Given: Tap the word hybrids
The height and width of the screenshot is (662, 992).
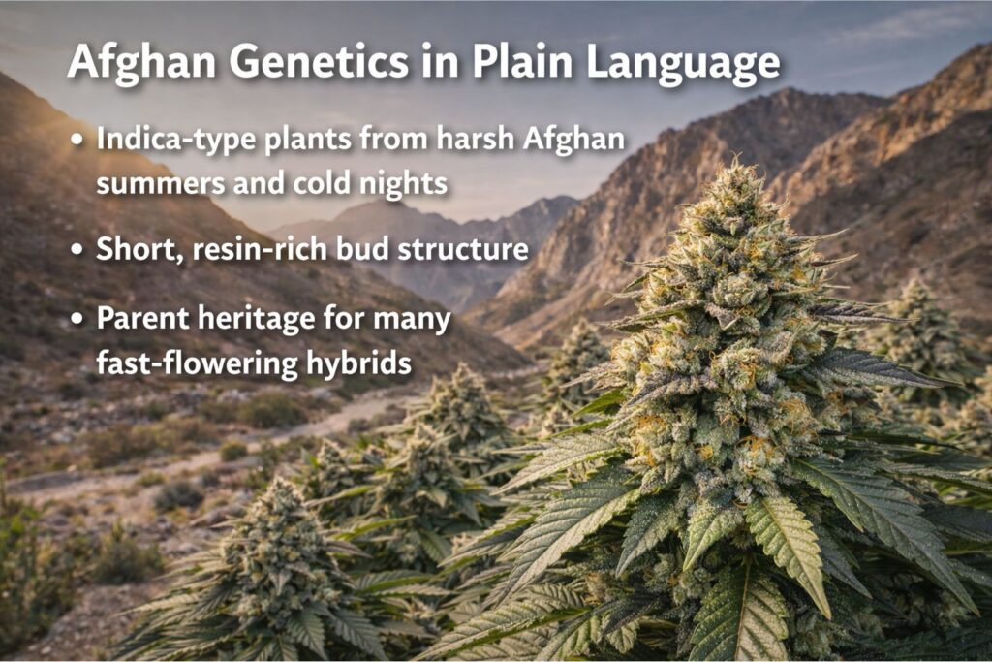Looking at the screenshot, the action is (358, 363).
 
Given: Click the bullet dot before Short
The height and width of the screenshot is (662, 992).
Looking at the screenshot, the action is (77, 249).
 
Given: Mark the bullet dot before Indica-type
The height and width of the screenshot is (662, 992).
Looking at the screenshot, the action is (77, 139).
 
